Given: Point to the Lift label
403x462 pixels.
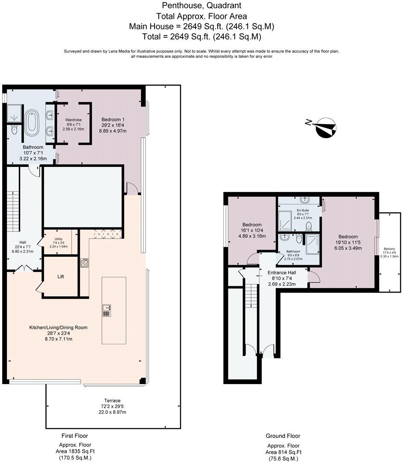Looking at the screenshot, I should pos(61,277).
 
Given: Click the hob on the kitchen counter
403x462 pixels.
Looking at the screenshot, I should pos(85,263).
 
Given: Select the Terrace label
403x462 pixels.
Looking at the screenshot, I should pos(110,406).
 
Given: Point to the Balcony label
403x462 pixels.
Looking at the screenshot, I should pos(389,252).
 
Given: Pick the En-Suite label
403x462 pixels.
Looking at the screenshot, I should pos(303,214).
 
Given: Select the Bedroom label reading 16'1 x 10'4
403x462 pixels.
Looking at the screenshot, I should pos(251,230).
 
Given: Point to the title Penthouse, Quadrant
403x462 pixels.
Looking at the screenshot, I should pos(201,6).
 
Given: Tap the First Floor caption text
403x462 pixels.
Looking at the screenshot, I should pos(75,436).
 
